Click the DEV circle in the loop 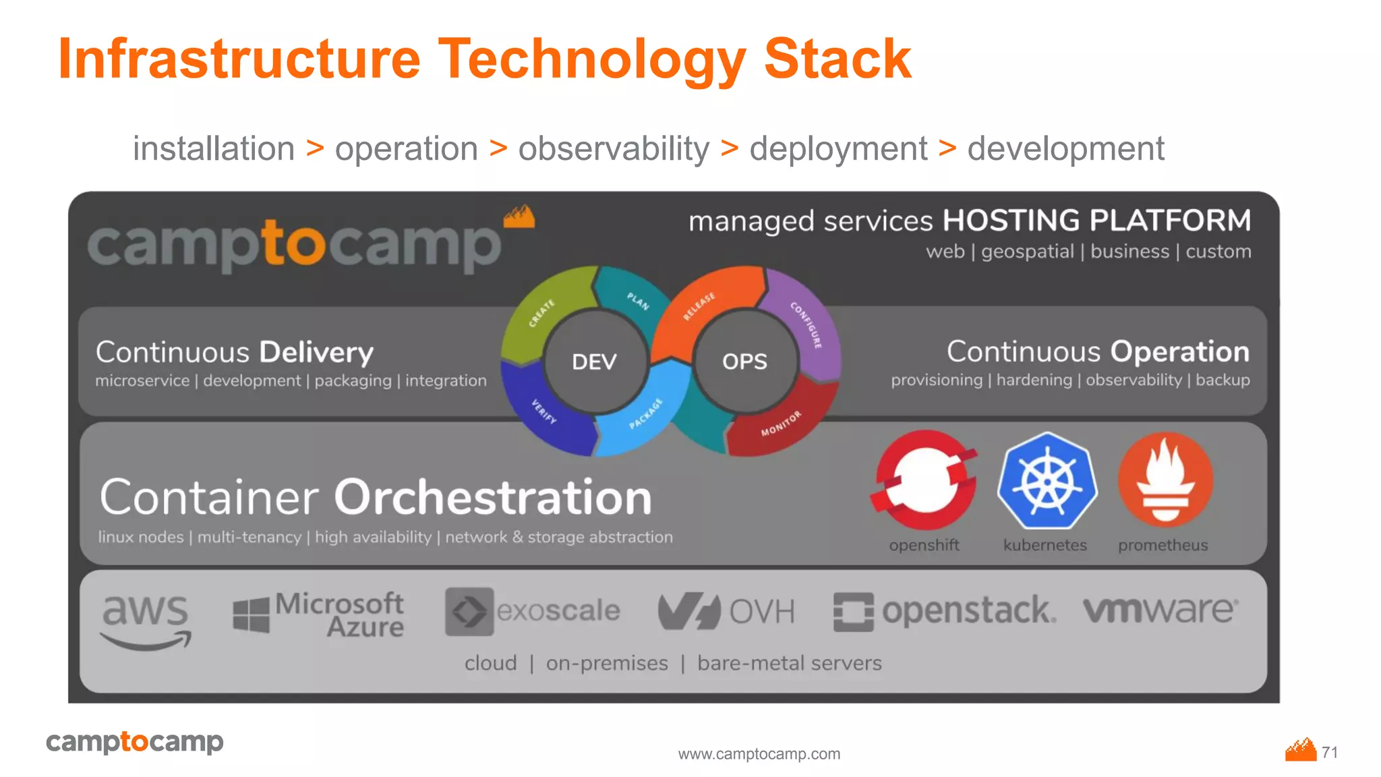[594, 362]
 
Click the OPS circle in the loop [744, 362]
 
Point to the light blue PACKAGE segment [644, 415]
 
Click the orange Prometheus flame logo [1165, 480]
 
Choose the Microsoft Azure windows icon [251, 615]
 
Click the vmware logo [1160, 610]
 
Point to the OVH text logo [762, 612]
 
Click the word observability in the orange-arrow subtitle [614, 149]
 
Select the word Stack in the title [838, 59]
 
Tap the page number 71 [1330, 752]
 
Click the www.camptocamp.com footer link [759, 754]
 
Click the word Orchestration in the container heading [493, 498]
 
